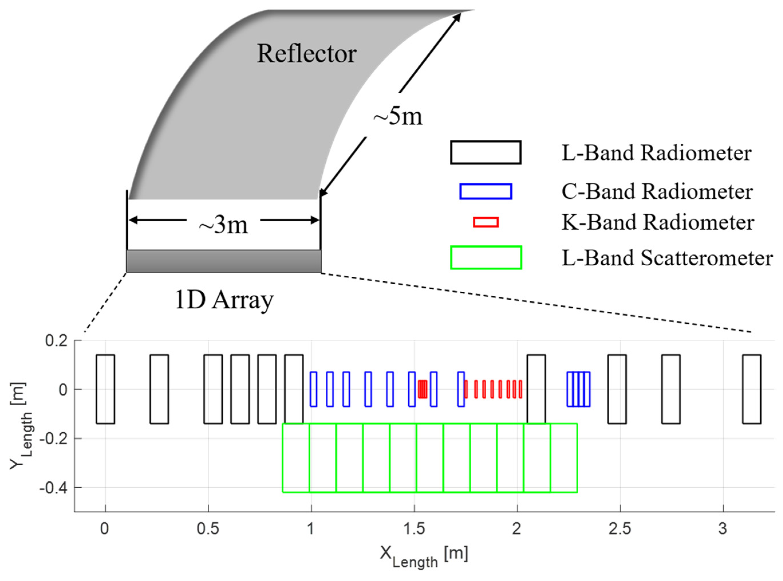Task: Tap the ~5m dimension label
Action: pyautogui.click(x=398, y=116)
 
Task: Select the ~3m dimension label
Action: pyautogui.click(x=223, y=225)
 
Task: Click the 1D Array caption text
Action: pyautogui.click(x=224, y=300)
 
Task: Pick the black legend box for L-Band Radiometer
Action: pyautogui.click(x=486, y=153)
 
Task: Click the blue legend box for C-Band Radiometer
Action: pyautogui.click(x=486, y=191)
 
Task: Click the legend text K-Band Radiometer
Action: pyautogui.click(x=657, y=223)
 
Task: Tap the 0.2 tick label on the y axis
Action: pyautogui.click(x=56, y=341)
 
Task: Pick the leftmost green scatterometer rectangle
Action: pyautogui.click(x=296, y=458)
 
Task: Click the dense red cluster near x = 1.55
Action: pyautogui.click(x=423, y=389)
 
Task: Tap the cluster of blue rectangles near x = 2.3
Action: pyautogui.click(x=578, y=389)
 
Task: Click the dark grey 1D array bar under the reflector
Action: pyautogui.click(x=223, y=261)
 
